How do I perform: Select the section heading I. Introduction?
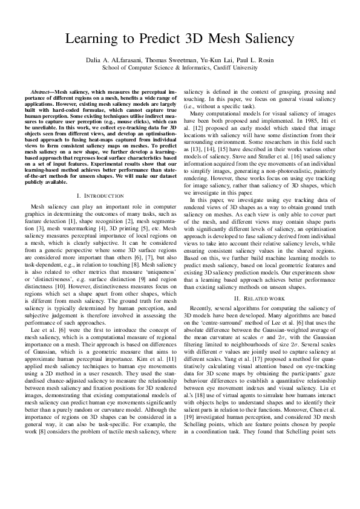click(x=100, y=196)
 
